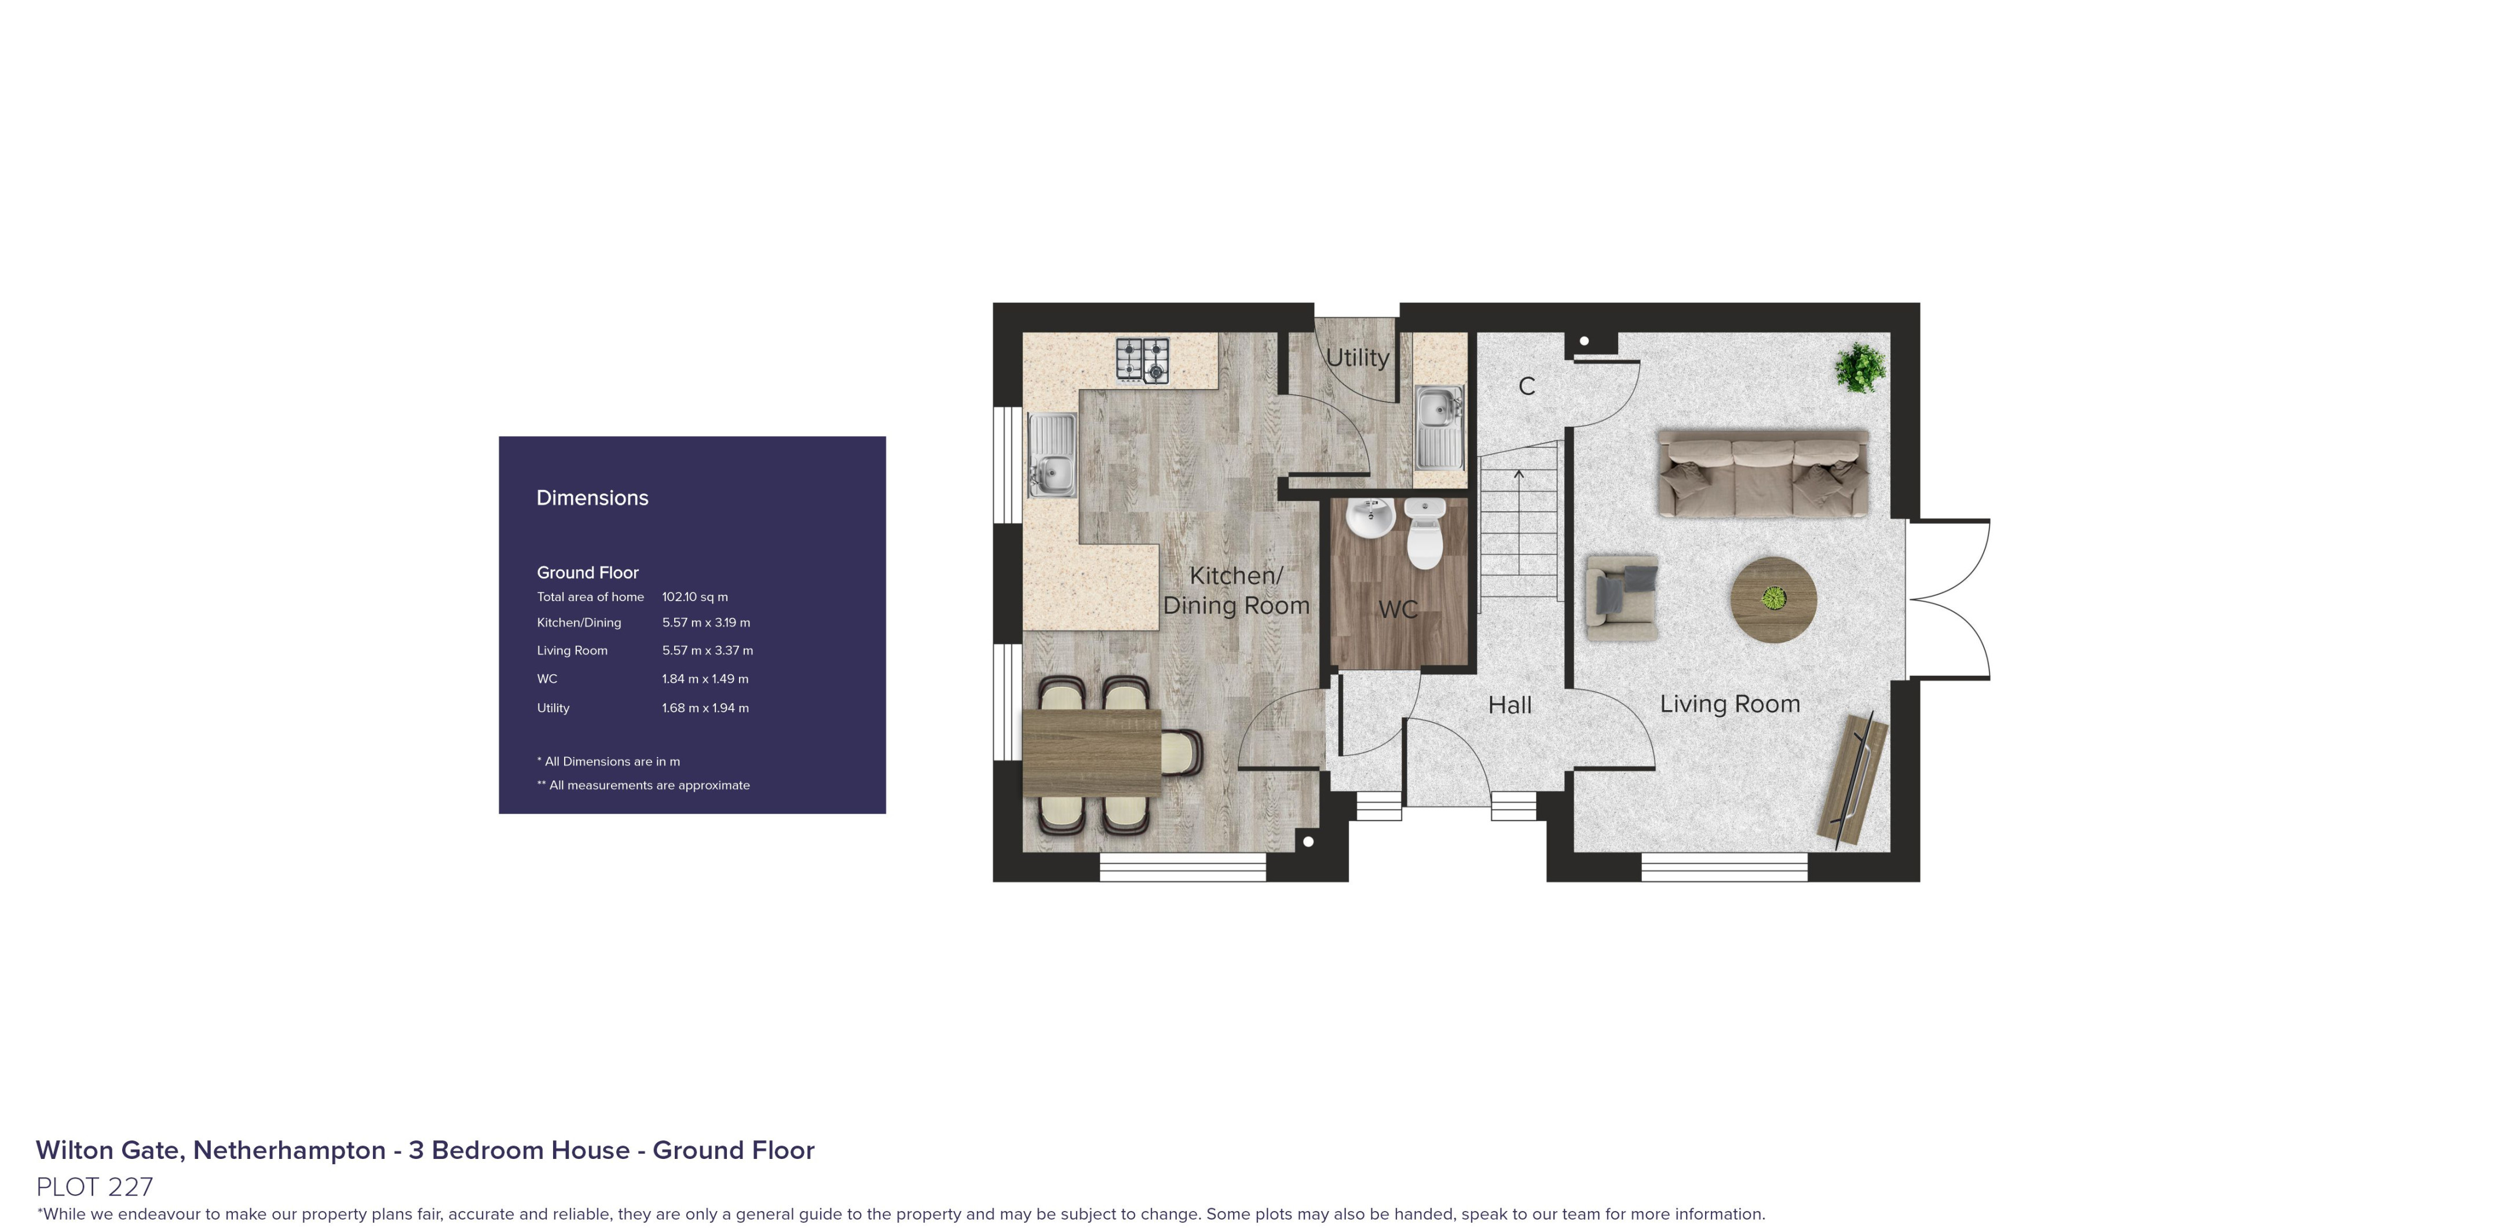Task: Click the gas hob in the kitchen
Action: [1142, 360]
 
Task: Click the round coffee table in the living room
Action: [1773, 599]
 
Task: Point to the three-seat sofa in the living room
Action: [1762, 473]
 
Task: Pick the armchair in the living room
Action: [1621, 597]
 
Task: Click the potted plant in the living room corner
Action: [1860, 367]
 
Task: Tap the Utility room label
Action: [1357, 357]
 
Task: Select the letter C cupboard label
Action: [1527, 387]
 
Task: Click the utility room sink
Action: [1439, 427]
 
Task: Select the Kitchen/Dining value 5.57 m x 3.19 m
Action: [706, 623]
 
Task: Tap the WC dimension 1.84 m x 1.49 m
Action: [705, 679]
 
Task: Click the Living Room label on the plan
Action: [1730, 704]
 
